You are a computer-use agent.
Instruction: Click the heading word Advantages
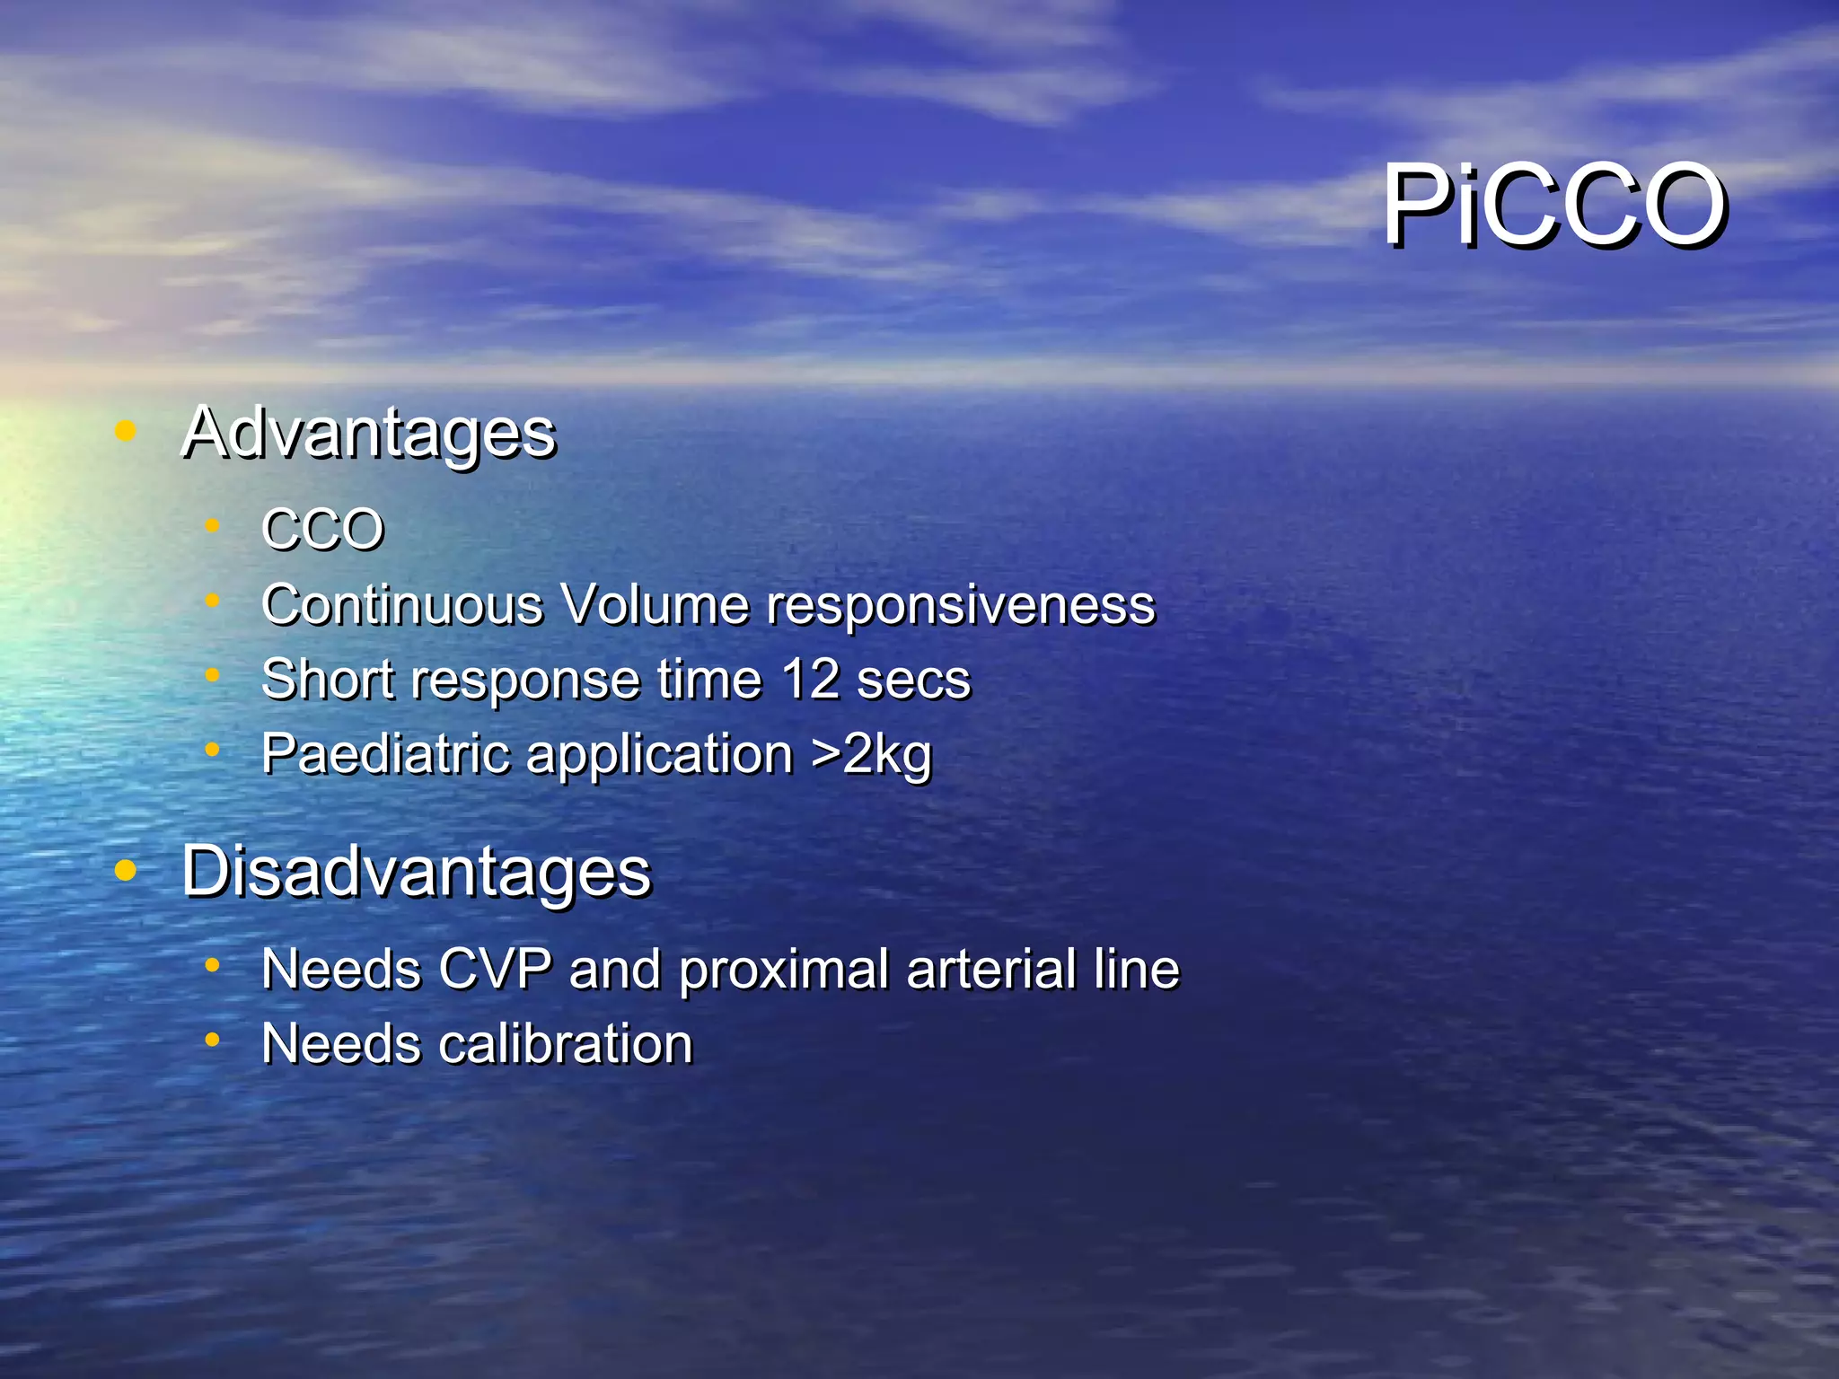pos(369,434)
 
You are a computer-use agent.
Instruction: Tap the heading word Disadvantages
pos(416,872)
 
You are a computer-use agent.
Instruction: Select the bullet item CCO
pos(323,529)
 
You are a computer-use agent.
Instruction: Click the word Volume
pos(655,604)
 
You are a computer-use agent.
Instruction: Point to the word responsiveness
pos(960,606)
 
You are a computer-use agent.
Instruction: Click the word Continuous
pos(402,604)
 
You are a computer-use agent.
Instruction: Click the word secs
pos(913,681)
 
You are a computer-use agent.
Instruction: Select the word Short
pos(328,679)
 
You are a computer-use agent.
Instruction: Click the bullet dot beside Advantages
pos(126,432)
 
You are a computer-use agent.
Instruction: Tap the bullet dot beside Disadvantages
pos(126,870)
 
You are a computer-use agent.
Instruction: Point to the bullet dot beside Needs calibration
pos(212,1041)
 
